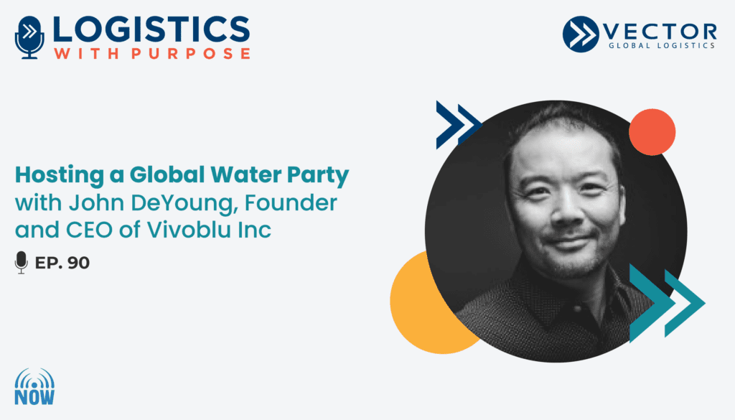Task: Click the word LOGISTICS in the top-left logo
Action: point(151,30)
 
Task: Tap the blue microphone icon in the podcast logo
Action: point(29,37)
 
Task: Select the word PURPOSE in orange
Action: point(190,53)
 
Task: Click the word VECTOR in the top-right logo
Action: point(660,32)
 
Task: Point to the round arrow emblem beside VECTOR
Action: point(581,34)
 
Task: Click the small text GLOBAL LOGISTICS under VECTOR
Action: point(661,45)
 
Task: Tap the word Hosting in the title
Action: point(60,175)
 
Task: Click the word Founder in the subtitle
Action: point(291,202)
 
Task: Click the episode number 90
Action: point(78,263)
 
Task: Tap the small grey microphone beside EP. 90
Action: point(21,262)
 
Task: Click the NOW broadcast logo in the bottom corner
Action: point(34,386)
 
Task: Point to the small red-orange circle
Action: point(652,132)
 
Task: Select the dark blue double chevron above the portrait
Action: point(457,125)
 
